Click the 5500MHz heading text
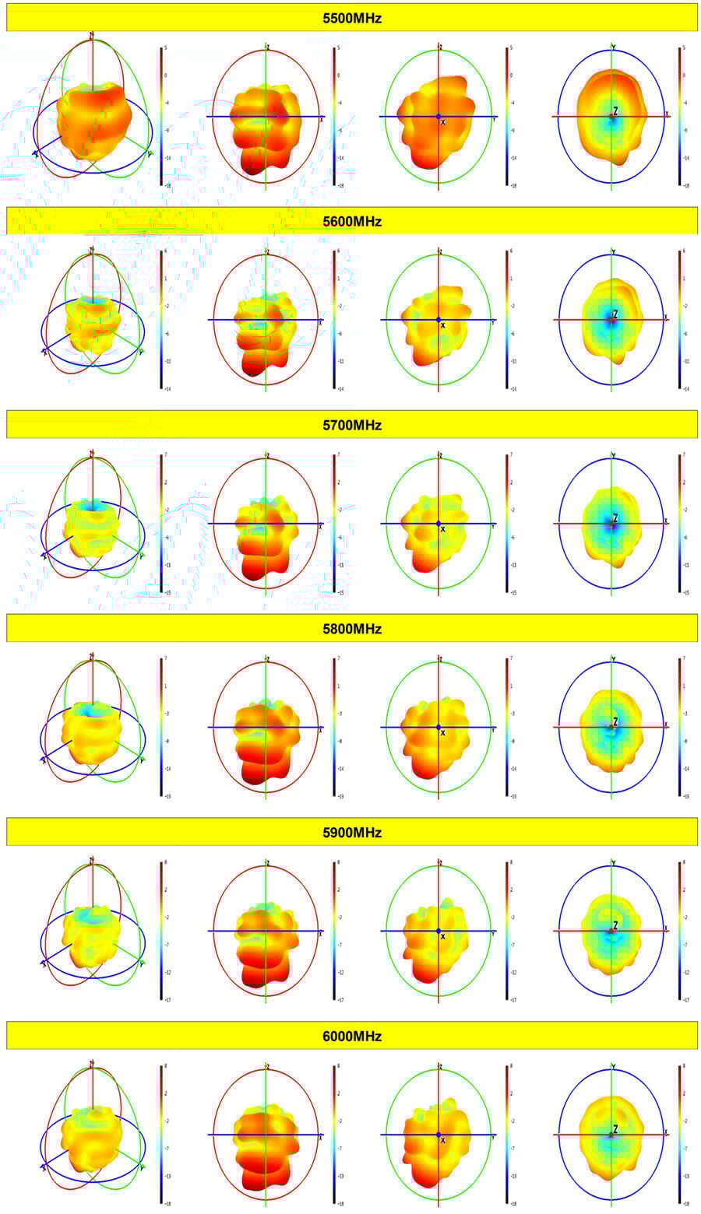click(352, 17)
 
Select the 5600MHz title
click(352, 221)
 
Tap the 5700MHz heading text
click(352, 425)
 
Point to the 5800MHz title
click(352, 628)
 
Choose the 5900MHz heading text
click(352, 832)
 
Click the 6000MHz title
click(352, 1036)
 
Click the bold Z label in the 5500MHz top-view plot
click(615, 111)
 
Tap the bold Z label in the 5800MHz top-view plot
click(615, 721)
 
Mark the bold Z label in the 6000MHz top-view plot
click(615, 1129)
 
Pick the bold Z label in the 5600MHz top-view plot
click(615, 314)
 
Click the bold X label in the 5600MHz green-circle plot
click(443, 325)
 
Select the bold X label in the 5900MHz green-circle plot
click(443, 936)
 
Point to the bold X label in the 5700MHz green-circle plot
click(443, 529)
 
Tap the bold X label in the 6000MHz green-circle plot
click(443, 1140)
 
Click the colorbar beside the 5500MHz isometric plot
click(161, 117)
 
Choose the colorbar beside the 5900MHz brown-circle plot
click(334, 931)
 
